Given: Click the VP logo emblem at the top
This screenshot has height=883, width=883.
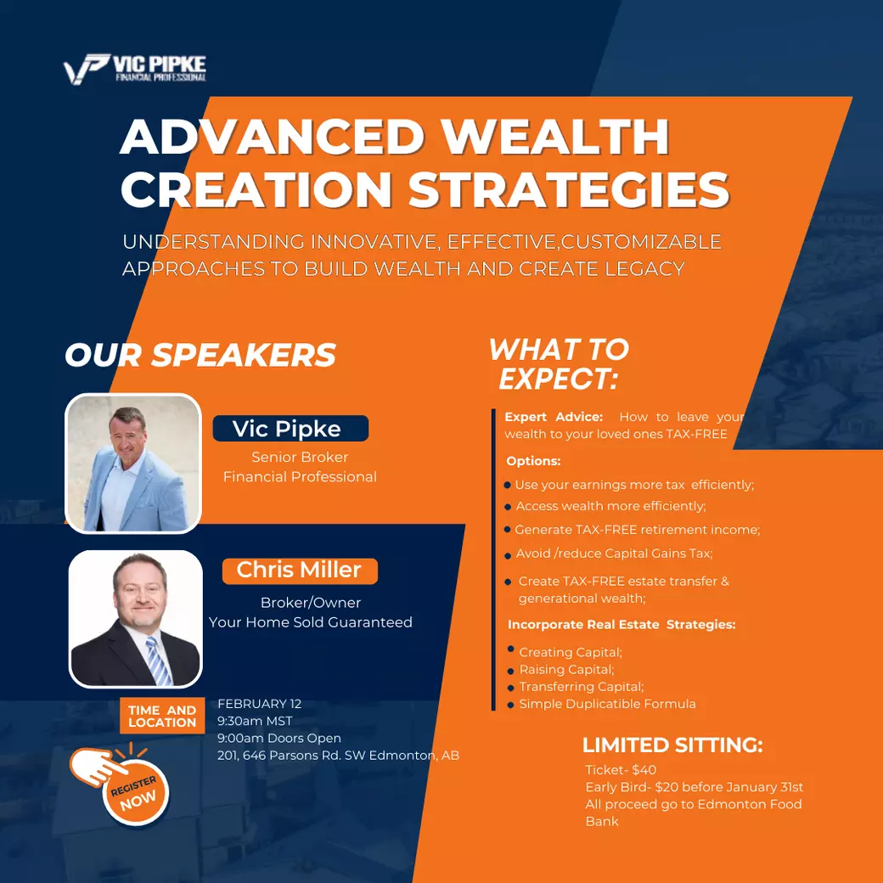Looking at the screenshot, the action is pyautogui.click(x=86, y=69).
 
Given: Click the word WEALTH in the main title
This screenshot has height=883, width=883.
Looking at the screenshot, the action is pyautogui.click(x=554, y=137).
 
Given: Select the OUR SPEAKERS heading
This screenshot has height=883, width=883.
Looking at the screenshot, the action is pyautogui.click(x=200, y=355).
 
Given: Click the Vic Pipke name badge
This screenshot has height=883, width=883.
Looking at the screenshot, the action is pyautogui.click(x=290, y=429).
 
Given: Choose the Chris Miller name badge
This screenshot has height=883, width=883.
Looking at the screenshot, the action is pyautogui.click(x=300, y=571).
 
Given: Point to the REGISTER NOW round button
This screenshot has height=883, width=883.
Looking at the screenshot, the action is pyautogui.click(x=135, y=792).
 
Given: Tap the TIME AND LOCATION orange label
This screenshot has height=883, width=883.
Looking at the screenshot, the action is pyautogui.click(x=162, y=716).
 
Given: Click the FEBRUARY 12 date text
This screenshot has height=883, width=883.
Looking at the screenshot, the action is pyautogui.click(x=260, y=704).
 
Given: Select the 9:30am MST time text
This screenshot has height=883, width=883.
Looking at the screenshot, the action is pyautogui.click(x=255, y=721).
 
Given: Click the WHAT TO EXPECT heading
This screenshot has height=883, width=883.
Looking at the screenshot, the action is pyautogui.click(x=559, y=363).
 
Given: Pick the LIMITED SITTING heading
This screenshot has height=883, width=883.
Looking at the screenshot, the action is pyautogui.click(x=672, y=745).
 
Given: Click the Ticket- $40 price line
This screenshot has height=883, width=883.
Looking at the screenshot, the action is pyautogui.click(x=621, y=770).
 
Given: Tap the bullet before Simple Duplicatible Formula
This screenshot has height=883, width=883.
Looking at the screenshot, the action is pyautogui.click(x=510, y=705).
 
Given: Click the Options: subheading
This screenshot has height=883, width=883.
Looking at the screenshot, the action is pyautogui.click(x=533, y=461).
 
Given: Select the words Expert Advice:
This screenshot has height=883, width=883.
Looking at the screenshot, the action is pyautogui.click(x=554, y=417).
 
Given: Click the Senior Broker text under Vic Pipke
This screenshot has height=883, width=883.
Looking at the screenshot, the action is pyautogui.click(x=300, y=458).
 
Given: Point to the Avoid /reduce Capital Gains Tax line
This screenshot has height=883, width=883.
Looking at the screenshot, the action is pyautogui.click(x=614, y=554).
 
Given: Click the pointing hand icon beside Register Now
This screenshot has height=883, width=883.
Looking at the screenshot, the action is pyautogui.click(x=97, y=766).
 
